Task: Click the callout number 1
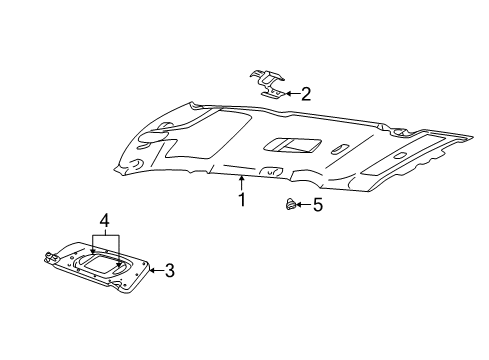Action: coord(242,200)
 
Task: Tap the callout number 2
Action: coord(306,94)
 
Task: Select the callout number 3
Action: coord(170,270)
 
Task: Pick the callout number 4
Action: coord(104,221)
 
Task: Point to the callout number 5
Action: coord(318,205)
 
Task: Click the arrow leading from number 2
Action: coord(292,94)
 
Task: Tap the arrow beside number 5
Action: coord(303,204)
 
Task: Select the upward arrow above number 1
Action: coord(241,183)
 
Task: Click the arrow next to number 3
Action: coord(156,270)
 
